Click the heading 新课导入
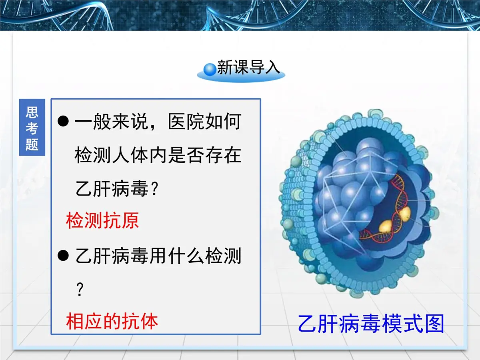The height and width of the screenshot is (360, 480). pyautogui.click(x=248, y=68)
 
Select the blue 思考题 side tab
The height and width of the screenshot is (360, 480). pyautogui.click(x=32, y=127)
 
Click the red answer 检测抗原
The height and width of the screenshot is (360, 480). pyautogui.click(x=102, y=220)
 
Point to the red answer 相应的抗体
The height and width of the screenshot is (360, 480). pyautogui.click(x=112, y=321)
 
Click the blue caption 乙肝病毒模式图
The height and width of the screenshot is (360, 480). pyautogui.click(x=371, y=324)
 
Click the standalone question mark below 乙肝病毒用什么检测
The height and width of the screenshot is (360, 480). pyautogui.click(x=79, y=290)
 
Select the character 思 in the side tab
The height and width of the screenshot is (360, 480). pyautogui.click(x=32, y=112)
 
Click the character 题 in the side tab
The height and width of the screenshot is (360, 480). pyautogui.click(x=32, y=144)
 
